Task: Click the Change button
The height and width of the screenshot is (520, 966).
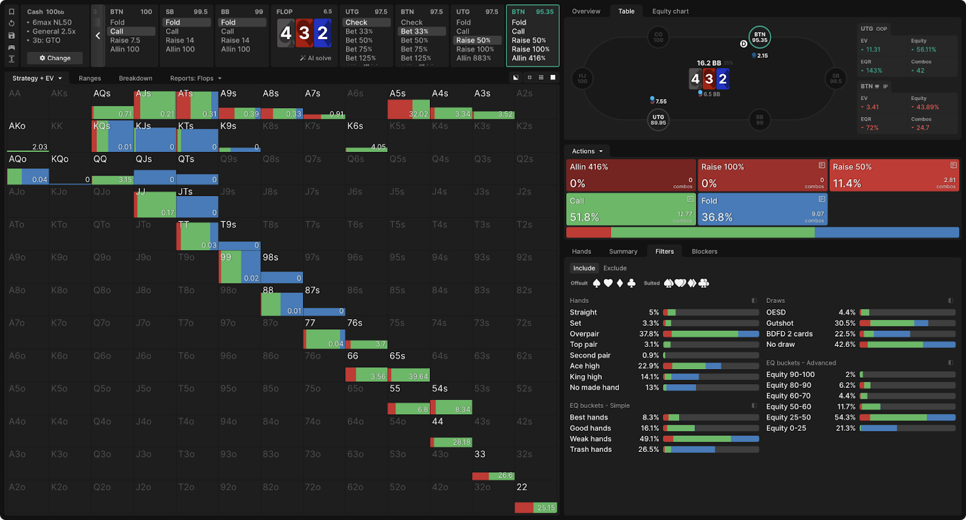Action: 55,58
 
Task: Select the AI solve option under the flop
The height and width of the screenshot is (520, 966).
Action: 316,58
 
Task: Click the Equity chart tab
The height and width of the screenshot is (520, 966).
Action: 670,11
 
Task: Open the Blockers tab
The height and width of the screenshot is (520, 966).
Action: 704,252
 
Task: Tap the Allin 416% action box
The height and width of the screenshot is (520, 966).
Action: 631,175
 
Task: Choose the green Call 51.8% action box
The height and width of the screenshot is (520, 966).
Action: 631,209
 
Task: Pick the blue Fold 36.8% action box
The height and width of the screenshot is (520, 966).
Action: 762,209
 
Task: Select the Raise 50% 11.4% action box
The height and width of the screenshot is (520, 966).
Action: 894,175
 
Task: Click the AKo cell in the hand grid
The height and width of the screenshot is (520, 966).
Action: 27,136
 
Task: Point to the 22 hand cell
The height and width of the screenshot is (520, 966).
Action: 536,497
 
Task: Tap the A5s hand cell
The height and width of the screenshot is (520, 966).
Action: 408,103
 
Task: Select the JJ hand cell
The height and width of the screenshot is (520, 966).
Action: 155,201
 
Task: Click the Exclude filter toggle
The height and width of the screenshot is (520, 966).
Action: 615,268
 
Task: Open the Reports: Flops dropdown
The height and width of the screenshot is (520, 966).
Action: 196,78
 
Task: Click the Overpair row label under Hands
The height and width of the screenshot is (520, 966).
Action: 584,334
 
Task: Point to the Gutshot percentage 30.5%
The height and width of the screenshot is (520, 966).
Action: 845,323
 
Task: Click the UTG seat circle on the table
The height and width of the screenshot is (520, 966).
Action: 658,119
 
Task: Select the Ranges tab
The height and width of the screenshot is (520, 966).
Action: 89,78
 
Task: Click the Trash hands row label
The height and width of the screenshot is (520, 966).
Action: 590,449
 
